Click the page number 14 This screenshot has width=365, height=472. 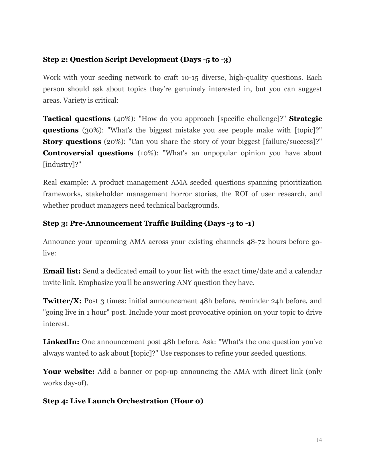click(x=319, y=440)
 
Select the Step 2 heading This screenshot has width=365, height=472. click(x=137, y=60)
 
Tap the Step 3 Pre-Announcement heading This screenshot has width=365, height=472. click(x=149, y=223)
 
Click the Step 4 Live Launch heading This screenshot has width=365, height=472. click(x=123, y=401)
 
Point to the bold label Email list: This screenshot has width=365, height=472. click(x=62, y=271)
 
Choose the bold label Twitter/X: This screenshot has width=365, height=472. click(x=62, y=301)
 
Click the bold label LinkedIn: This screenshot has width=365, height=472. click(x=61, y=342)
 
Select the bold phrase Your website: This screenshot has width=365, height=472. click(x=69, y=372)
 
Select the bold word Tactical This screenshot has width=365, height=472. click(x=57, y=119)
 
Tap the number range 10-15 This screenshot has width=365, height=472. click(x=190, y=78)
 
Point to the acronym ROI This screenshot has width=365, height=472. click(x=241, y=194)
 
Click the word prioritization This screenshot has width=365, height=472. click(x=300, y=183)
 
